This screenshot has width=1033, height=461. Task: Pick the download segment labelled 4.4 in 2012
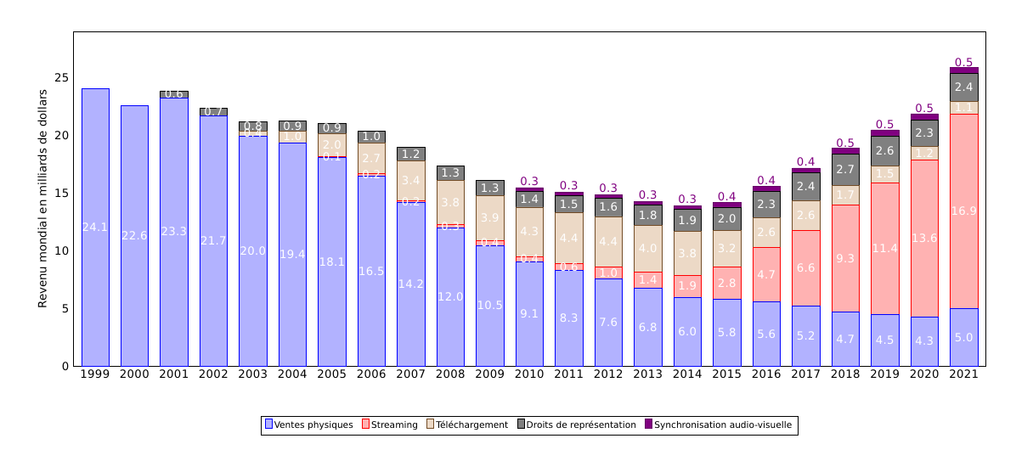tap(608, 241)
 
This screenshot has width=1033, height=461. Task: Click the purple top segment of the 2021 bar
tap(963, 70)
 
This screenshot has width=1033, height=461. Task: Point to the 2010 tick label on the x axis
tap(529, 374)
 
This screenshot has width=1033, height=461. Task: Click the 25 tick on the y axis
tap(61, 77)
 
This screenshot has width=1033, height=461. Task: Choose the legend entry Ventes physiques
tap(308, 424)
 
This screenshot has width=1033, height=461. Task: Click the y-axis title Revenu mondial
tap(42, 199)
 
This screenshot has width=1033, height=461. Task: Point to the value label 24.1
tap(95, 227)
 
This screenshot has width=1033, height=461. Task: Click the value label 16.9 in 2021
tap(963, 211)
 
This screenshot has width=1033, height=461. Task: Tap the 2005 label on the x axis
tap(331, 374)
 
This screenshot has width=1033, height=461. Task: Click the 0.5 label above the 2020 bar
tap(924, 108)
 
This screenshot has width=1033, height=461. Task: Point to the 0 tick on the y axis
tap(65, 366)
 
